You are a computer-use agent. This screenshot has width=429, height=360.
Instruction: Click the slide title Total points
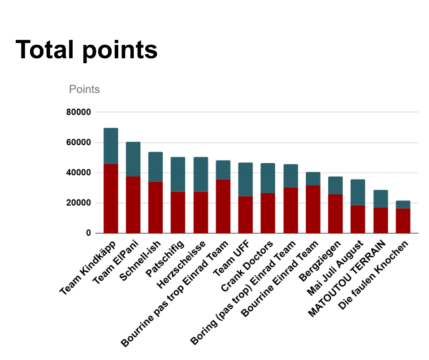click(x=87, y=50)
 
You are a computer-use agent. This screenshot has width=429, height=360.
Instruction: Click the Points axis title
click(x=84, y=89)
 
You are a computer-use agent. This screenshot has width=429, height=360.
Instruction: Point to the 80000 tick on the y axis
click(x=78, y=112)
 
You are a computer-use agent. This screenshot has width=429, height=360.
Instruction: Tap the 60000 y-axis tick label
click(x=78, y=143)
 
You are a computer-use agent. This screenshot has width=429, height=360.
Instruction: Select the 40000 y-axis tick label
click(x=78, y=173)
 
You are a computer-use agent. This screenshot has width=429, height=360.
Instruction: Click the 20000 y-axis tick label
click(x=78, y=203)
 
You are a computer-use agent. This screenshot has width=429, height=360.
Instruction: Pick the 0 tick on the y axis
click(x=88, y=233)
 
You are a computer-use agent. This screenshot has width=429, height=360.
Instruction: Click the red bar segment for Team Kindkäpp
click(x=111, y=199)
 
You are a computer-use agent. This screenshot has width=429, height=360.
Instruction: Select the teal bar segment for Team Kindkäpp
click(x=111, y=146)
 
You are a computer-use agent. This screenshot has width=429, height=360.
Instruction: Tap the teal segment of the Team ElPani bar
click(x=133, y=159)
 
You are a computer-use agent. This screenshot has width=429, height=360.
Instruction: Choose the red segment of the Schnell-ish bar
click(x=156, y=207)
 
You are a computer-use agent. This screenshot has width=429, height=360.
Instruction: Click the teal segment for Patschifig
click(x=178, y=174)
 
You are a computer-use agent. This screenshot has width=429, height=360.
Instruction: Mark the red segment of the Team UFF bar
click(x=245, y=214)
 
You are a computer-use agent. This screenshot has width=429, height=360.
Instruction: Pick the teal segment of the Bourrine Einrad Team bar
click(x=313, y=178)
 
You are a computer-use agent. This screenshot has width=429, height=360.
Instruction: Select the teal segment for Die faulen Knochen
click(x=403, y=204)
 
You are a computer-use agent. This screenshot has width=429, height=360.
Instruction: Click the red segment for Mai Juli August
click(x=358, y=219)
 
